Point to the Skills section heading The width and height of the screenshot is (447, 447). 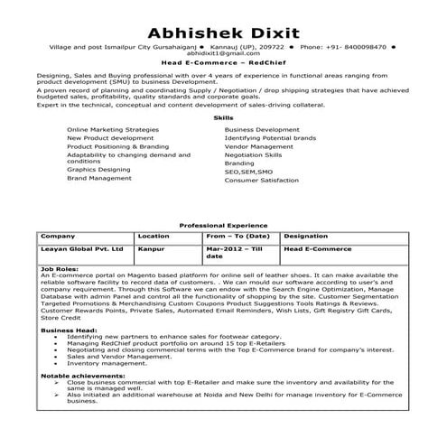(x=222, y=118)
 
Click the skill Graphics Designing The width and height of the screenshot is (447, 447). (x=98, y=169)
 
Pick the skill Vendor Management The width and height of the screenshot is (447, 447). (x=259, y=145)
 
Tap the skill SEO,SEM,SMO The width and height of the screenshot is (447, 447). (x=248, y=171)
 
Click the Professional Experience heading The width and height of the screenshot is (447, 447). (x=222, y=225)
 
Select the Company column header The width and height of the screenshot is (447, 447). (x=58, y=235)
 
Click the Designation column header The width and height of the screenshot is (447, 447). (x=305, y=235)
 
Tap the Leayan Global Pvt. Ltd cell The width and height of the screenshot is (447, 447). (x=77, y=247)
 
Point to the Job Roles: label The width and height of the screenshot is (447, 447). (x=60, y=268)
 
